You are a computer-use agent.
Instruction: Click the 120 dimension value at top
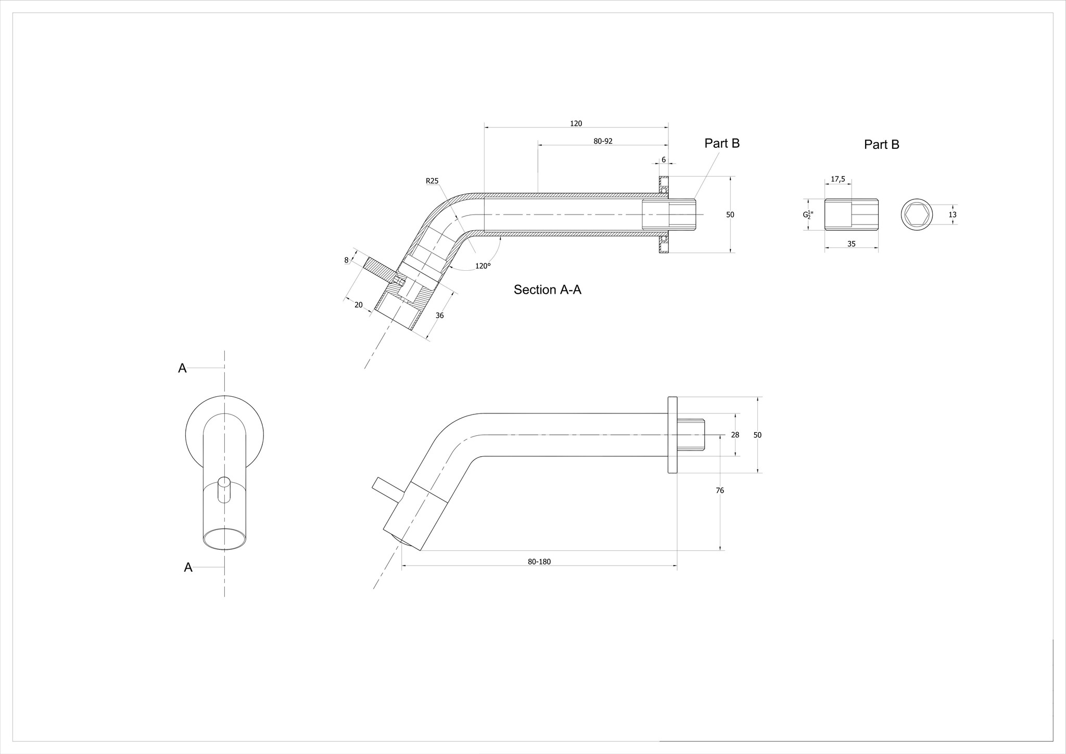576,123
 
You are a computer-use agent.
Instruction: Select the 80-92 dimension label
603,141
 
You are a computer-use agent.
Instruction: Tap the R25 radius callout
432,181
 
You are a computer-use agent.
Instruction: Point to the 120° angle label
483,266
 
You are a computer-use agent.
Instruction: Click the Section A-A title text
547,290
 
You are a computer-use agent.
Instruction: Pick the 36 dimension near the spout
439,316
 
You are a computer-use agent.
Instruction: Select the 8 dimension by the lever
346,260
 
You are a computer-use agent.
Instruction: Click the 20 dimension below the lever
358,305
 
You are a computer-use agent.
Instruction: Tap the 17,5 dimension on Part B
837,179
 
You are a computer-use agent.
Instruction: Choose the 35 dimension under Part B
851,244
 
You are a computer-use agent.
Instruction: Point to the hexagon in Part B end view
916,215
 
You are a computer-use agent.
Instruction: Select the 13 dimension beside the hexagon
952,215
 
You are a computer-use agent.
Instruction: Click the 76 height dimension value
720,491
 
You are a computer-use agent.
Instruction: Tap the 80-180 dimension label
539,562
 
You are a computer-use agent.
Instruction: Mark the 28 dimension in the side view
735,435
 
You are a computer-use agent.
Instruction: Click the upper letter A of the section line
182,368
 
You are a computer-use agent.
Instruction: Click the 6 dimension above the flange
664,160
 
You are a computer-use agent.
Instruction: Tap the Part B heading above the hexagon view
881,144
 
